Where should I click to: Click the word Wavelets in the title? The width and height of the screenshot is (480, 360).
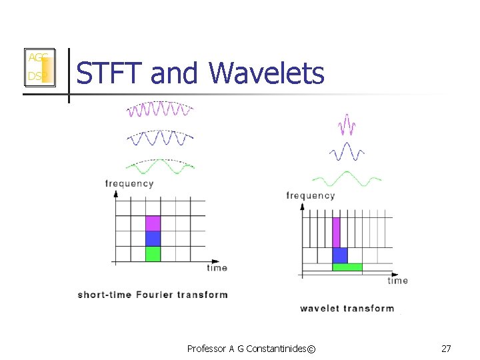[x=267, y=73]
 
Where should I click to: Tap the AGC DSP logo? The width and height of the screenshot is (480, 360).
[x=38, y=67]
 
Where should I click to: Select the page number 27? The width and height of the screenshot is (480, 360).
[x=446, y=348]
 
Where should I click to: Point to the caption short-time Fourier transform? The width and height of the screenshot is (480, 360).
[x=153, y=294]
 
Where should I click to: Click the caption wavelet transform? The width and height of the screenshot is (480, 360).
[x=347, y=308]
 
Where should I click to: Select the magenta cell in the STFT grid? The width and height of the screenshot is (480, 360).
[x=153, y=223]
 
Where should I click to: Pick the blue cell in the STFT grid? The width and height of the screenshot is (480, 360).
[x=153, y=239]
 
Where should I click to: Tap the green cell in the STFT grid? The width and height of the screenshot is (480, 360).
[x=153, y=254]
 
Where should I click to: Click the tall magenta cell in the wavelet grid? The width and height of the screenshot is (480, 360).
[x=336, y=232]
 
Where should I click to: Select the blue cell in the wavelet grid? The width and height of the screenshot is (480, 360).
[x=340, y=255]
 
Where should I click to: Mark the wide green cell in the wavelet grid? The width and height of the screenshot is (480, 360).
[x=347, y=267]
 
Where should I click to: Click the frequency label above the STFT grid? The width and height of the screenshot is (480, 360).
[x=129, y=183]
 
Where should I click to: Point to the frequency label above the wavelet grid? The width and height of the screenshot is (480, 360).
[x=310, y=195]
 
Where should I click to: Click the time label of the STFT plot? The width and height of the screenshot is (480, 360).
[x=217, y=268]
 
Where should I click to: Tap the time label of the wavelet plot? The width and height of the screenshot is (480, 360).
[x=397, y=280]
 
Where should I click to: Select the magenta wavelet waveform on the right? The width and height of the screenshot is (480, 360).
[x=347, y=124]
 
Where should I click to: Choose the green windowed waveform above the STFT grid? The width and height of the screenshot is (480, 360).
[x=160, y=167]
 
